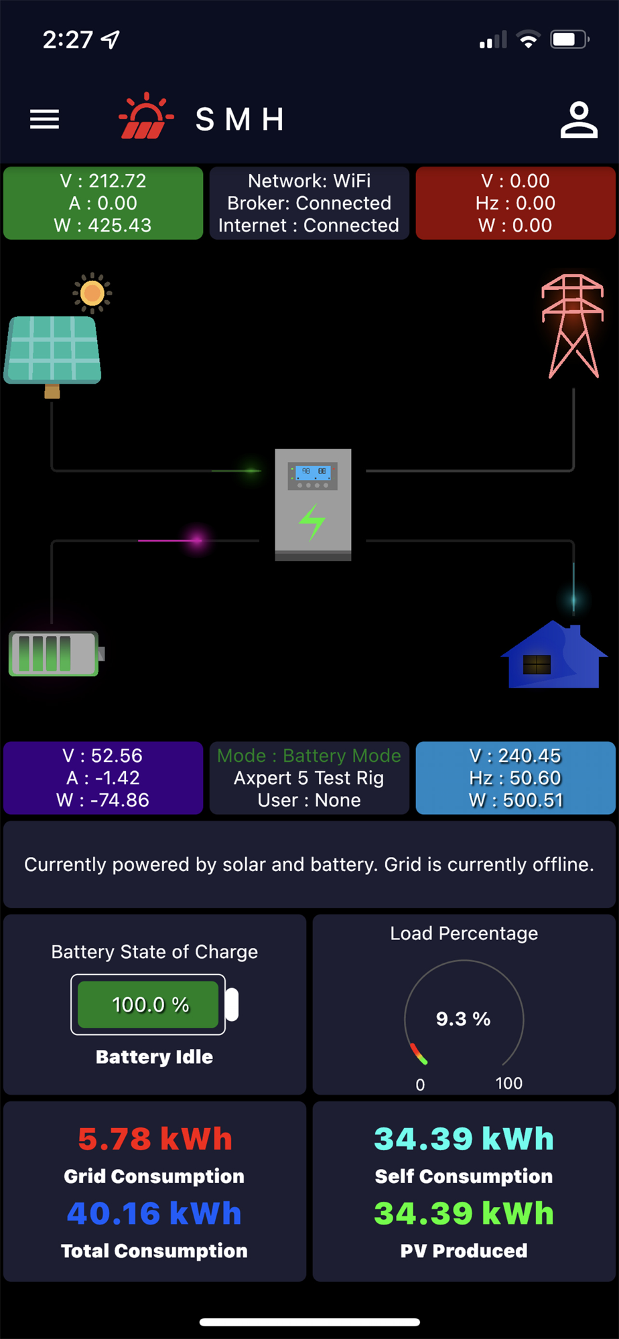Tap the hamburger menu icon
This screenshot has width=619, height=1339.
[x=44, y=119]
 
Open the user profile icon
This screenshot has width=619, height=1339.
[x=579, y=120]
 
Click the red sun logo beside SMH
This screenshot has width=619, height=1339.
[x=145, y=117]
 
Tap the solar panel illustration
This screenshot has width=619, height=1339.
[x=53, y=349]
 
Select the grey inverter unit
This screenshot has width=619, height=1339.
[x=313, y=504]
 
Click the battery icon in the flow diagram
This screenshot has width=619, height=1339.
[x=55, y=653]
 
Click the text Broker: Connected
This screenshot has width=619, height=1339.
[x=309, y=203]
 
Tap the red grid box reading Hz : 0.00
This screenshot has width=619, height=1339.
[x=515, y=203]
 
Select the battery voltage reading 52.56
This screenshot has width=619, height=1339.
[x=117, y=756]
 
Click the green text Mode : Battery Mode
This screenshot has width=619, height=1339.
[x=309, y=756]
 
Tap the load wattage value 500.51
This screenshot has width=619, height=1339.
[x=535, y=800]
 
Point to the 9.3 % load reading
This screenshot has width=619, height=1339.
[x=463, y=1019]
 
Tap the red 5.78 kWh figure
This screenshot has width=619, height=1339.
[x=155, y=1139]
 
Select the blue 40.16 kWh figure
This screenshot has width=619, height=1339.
[x=154, y=1213]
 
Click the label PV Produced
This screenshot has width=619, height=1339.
[x=464, y=1251]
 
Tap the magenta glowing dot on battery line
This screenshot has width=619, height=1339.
[x=197, y=540]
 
